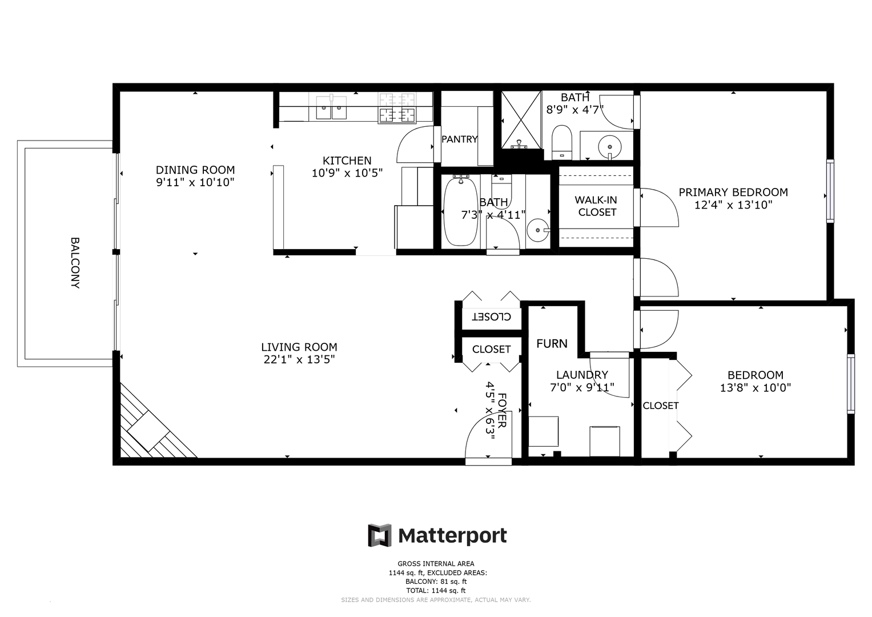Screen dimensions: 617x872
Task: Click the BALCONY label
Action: click(x=75, y=263)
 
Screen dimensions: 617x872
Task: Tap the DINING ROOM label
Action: click(x=195, y=170)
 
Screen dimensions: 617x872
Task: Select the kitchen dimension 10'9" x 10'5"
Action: click(x=347, y=173)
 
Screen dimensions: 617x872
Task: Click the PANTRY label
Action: click(x=459, y=139)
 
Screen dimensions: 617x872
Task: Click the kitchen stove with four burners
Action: click(x=396, y=108)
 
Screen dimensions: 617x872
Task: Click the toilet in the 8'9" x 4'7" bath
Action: click(x=562, y=142)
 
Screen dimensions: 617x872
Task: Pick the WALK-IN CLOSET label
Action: click(x=596, y=206)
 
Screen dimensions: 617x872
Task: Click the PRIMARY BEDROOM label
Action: click(x=733, y=193)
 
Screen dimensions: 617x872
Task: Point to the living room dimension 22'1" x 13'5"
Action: click(x=299, y=359)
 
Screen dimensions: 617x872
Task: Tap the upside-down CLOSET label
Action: click(x=491, y=316)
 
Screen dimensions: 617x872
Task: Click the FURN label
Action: click(x=552, y=343)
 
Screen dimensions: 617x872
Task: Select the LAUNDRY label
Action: click(x=582, y=375)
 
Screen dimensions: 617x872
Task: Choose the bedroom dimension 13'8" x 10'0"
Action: click(x=756, y=388)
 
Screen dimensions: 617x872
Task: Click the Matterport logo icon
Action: click(x=379, y=535)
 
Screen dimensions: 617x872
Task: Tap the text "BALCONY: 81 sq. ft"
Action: click(x=436, y=582)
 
